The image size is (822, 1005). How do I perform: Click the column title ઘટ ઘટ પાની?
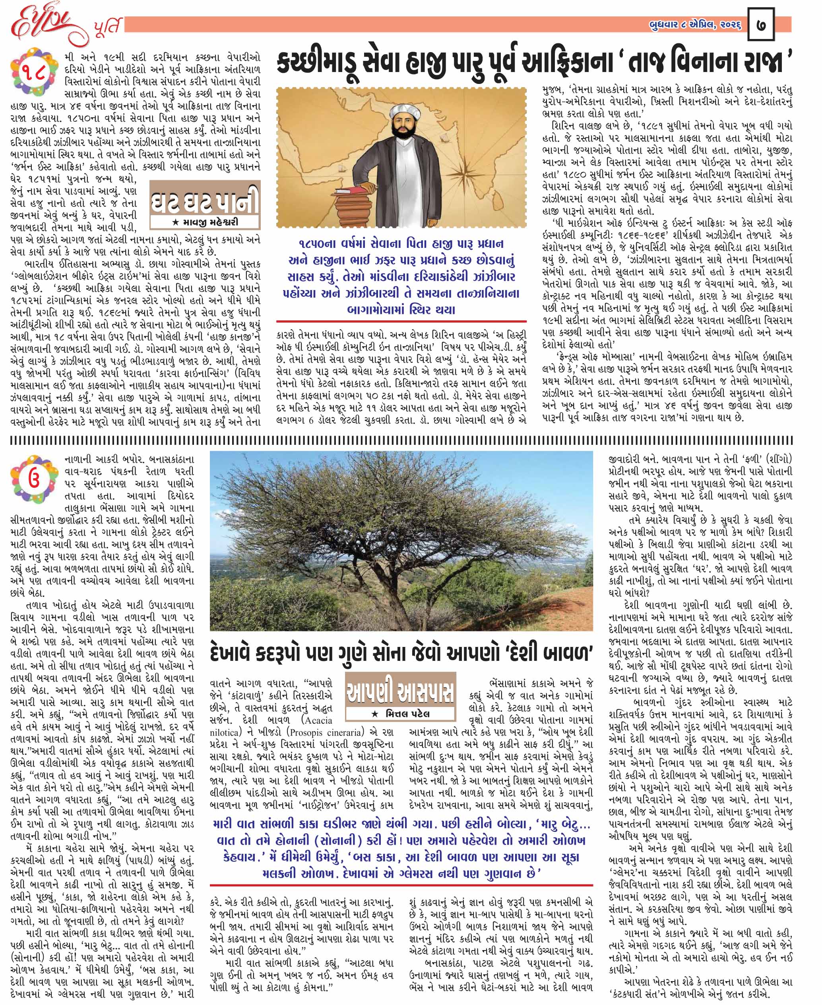205,201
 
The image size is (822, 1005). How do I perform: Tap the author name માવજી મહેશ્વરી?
205,222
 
